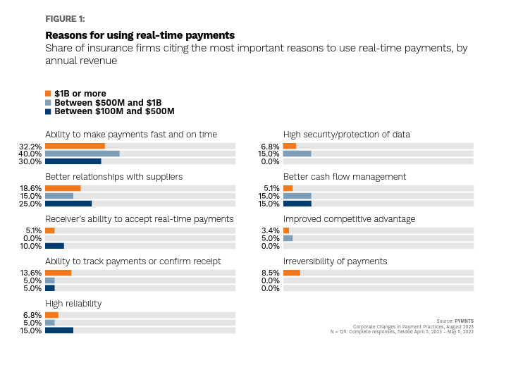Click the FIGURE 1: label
(x=64, y=19)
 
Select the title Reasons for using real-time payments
(x=140, y=35)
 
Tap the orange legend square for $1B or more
(x=48, y=93)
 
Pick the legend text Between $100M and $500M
(x=114, y=111)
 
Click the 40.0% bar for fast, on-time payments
(x=82, y=154)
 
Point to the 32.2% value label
(x=31, y=146)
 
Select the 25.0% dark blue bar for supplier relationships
(x=68, y=204)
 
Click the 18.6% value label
(x=31, y=188)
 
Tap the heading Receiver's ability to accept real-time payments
(x=139, y=219)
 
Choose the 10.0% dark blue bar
(x=54, y=246)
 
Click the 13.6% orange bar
(x=58, y=273)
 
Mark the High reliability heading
(x=73, y=304)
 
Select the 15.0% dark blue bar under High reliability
(x=59, y=330)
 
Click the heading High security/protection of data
(x=346, y=135)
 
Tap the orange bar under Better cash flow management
(x=288, y=188)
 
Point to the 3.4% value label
(x=271, y=230)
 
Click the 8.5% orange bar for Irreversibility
(x=291, y=273)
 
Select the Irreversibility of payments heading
(x=335, y=261)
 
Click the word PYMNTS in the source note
(x=464, y=321)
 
